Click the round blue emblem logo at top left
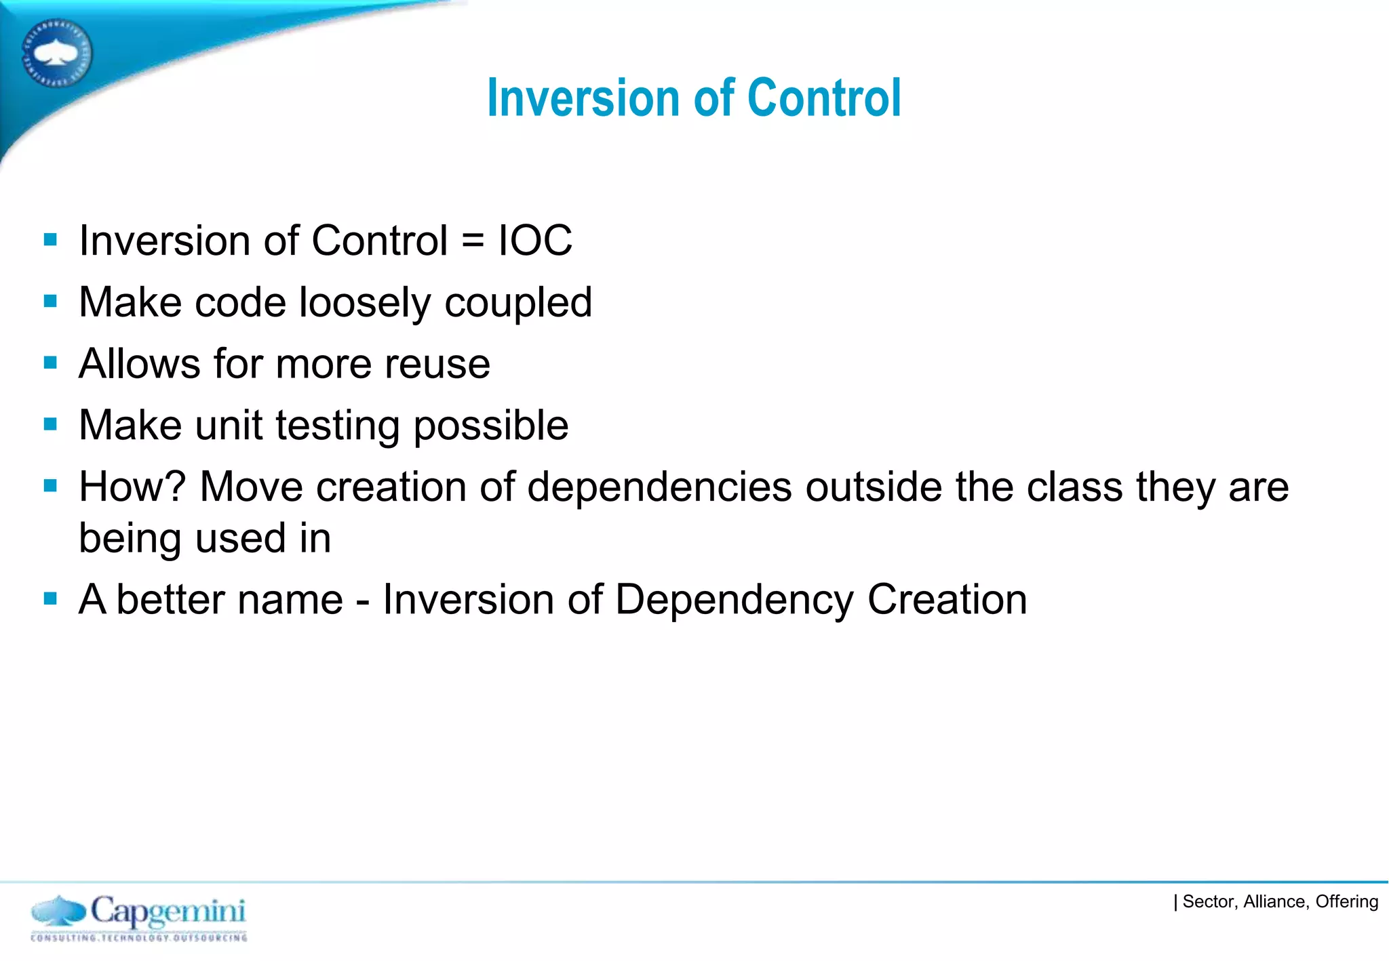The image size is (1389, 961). pyautogui.click(x=57, y=54)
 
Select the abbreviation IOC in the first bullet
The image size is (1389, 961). pyautogui.click(x=535, y=241)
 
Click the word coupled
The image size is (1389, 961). pyautogui.click(x=518, y=303)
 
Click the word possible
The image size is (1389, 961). pyautogui.click(x=490, y=426)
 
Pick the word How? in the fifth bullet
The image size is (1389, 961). pyautogui.click(x=132, y=487)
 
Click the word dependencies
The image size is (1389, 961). pyautogui.click(x=659, y=487)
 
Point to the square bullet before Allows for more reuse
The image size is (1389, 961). pyautogui.click(x=50, y=363)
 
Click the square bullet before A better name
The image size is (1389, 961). pyautogui.click(x=50, y=598)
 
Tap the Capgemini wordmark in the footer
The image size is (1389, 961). pyautogui.click(x=168, y=912)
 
